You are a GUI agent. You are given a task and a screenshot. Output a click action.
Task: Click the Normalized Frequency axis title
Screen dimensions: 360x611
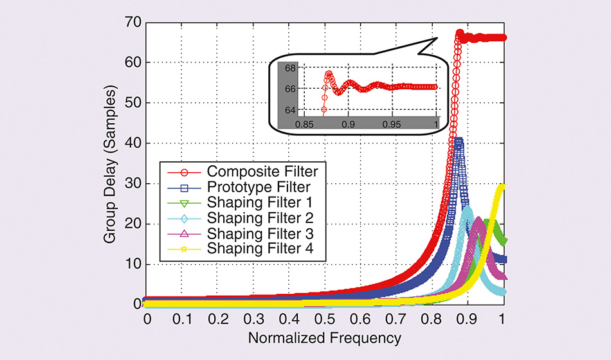click(x=325, y=337)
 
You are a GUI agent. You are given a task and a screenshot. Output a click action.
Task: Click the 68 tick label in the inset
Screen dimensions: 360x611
click(x=289, y=68)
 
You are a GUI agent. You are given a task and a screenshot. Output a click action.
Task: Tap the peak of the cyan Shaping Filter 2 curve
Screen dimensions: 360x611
click(x=468, y=208)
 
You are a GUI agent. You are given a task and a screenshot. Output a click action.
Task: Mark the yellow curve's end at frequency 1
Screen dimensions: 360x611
click(x=502, y=187)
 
